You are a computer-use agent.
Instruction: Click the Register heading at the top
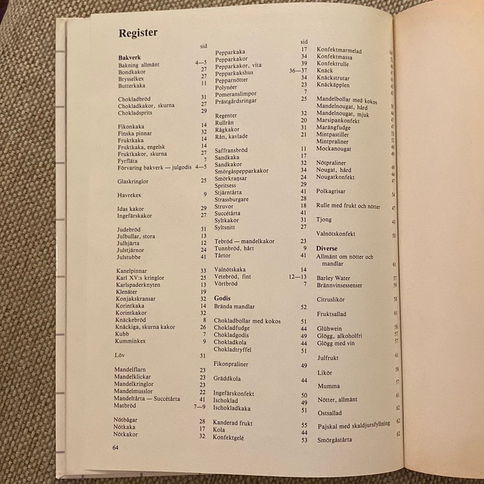click(x=138, y=33)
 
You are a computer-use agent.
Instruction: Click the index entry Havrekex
click(x=129, y=195)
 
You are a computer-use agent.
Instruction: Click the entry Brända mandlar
click(x=234, y=307)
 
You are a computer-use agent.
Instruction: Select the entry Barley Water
click(x=333, y=278)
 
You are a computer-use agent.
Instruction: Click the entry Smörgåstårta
click(x=334, y=439)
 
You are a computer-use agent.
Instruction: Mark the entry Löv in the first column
click(x=120, y=355)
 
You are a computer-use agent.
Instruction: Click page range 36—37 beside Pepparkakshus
click(x=298, y=71)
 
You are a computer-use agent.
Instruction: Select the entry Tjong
click(x=325, y=220)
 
